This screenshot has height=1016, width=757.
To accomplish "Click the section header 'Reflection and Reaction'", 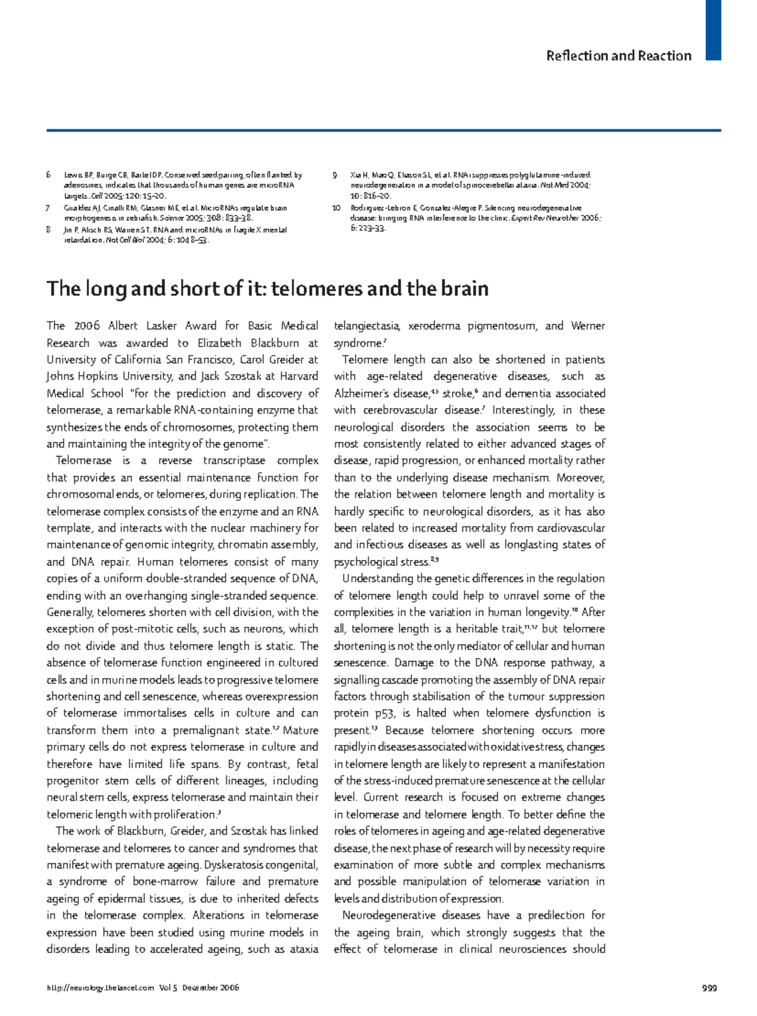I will pyautogui.click(x=618, y=55).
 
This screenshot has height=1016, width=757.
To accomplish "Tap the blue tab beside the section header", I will pyautogui.click(x=713, y=30).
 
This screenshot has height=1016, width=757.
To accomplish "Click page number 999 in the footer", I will pyautogui.click(x=710, y=988).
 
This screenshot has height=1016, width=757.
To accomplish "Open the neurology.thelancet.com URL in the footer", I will pyautogui.click(x=100, y=988).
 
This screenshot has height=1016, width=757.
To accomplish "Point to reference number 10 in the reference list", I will pyautogui.click(x=336, y=207).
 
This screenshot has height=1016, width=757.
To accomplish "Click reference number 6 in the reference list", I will pyautogui.click(x=49, y=175).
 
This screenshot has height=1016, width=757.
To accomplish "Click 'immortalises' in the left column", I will pyautogui.click(x=155, y=713).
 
